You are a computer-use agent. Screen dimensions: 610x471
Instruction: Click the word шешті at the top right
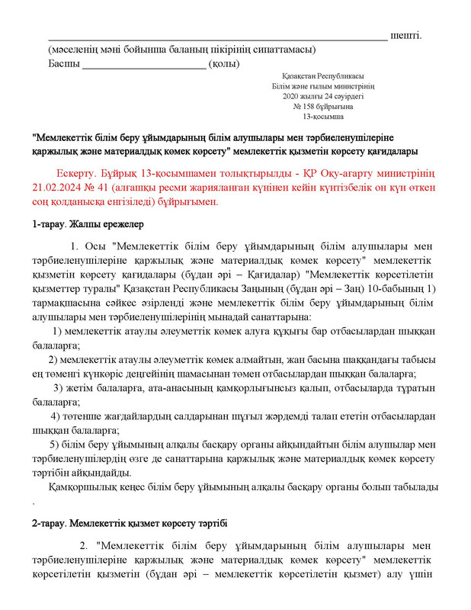[x=405, y=36]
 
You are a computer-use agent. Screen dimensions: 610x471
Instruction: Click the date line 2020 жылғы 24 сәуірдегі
[x=322, y=97]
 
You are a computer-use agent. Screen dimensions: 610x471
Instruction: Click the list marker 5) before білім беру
[x=54, y=445]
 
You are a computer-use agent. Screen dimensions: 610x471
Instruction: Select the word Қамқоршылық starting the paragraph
[x=83, y=487]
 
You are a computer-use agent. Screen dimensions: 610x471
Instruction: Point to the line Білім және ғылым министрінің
[x=322, y=87]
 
